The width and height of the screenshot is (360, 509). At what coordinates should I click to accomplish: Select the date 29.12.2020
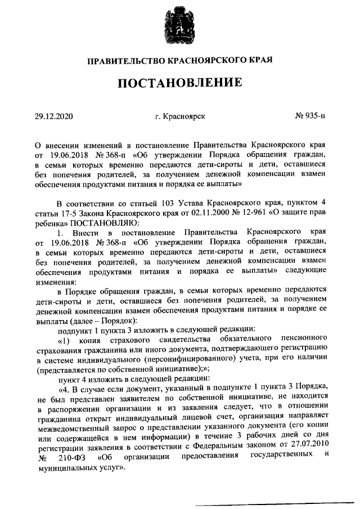click(54, 116)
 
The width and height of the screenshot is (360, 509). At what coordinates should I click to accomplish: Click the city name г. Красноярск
click(180, 116)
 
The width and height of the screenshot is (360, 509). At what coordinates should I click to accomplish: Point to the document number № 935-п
click(310, 116)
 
